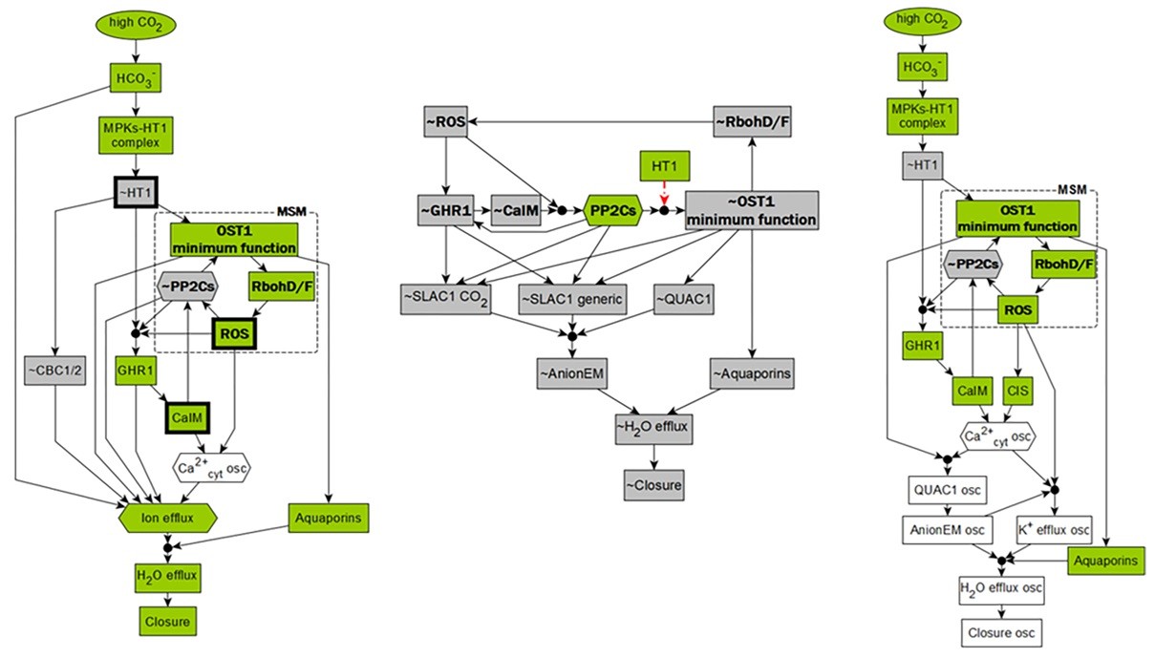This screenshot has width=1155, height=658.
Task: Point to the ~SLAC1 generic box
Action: pyautogui.click(x=571, y=300)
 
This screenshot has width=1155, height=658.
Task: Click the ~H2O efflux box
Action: pyautogui.click(x=654, y=428)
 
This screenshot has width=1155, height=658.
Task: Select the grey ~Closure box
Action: pyautogui.click(x=654, y=485)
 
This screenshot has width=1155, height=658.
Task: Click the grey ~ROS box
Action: pyautogui.click(x=446, y=121)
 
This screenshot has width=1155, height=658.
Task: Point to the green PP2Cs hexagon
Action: pyautogui.click(x=611, y=209)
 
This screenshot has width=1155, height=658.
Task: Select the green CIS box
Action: pyautogui.click(x=1019, y=389)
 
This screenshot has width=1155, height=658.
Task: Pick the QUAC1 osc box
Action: pyautogui.click(x=949, y=492)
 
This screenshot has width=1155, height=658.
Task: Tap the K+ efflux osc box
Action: pyautogui.click(x=1054, y=528)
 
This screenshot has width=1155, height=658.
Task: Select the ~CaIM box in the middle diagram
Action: pyautogui.click(x=516, y=209)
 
